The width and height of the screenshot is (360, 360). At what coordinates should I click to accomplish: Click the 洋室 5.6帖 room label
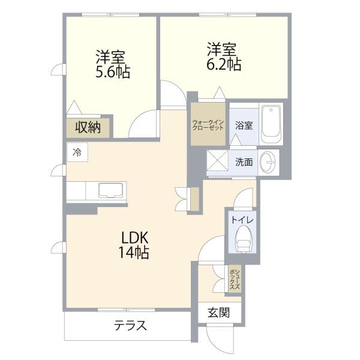point(113,64)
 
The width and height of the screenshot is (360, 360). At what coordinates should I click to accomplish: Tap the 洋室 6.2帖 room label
point(224,56)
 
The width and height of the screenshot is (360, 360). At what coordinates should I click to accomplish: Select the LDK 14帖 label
point(134,245)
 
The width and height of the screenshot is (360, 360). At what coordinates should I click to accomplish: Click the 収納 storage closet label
point(88,127)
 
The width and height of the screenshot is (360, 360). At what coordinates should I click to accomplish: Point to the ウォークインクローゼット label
point(208,125)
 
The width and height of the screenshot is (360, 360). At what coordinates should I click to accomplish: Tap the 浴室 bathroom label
point(244,125)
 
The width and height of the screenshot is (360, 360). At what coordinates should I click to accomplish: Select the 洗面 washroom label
point(244,163)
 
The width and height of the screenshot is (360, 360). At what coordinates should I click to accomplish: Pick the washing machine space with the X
point(217,160)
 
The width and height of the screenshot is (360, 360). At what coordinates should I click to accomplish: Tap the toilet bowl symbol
point(244,239)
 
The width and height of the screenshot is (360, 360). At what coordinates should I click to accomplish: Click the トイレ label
point(242,220)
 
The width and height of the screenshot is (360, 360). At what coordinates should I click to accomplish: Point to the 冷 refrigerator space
point(77,152)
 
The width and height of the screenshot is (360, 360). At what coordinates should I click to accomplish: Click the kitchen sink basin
point(110,190)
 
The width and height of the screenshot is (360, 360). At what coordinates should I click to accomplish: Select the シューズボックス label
point(235,279)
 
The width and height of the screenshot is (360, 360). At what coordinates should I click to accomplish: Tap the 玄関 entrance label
point(219,313)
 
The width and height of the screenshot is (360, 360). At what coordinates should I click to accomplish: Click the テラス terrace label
point(130,325)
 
